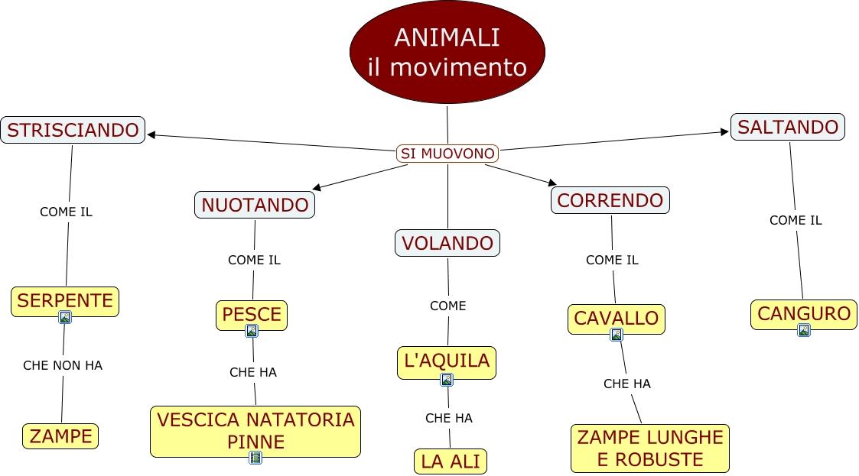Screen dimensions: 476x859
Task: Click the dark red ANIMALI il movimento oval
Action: (x=447, y=52)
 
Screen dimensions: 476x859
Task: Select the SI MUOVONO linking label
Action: (x=447, y=154)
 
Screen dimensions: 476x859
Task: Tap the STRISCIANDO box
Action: (x=73, y=130)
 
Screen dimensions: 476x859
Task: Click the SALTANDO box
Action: (x=787, y=127)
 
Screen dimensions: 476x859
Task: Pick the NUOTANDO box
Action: (x=255, y=205)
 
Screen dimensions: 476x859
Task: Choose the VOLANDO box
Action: (x=447, y=243)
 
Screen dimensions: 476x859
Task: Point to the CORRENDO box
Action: (x=610, y=200)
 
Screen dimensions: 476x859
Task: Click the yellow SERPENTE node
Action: (x=65, y=300)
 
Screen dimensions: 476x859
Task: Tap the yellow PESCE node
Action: (x=252, y=314)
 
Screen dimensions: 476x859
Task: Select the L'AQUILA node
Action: (x=447, y=361)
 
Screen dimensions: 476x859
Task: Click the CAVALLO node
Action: (x=616, y=319)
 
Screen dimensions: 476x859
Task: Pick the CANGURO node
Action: (x=803, y=313)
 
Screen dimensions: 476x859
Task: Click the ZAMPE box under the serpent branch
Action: (x=60, y=436)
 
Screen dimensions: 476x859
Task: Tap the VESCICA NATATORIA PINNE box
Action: (x=255, y=430)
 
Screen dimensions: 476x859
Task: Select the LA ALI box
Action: (x=451, y=461)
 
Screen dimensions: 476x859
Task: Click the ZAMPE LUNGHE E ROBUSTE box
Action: (x=649, y=448)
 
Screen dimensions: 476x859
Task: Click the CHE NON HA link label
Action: (x=63, y=365)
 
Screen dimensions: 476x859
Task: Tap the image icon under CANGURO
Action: (x=803, y=330)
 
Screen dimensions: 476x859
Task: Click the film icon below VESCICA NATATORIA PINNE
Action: (x=255, y=458)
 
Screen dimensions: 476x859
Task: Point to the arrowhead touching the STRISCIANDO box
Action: (x=151, y=135)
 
